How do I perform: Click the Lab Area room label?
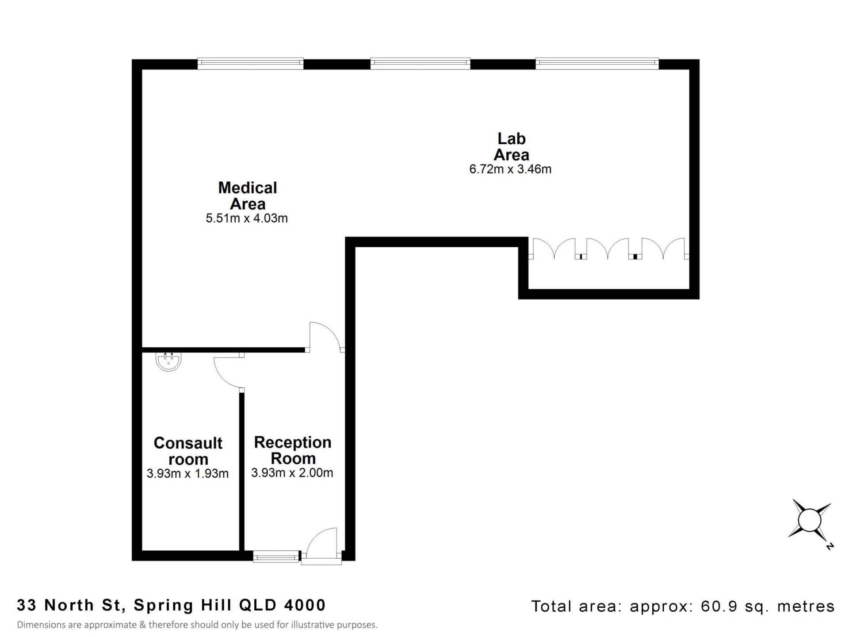click(511, 147)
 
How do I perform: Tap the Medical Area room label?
click(248, 196)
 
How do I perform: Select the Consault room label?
click(188, 451)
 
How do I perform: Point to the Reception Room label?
click(293, 450)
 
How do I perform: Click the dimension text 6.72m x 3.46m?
click(510, 169)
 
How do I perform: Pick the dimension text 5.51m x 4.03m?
click(247, 219)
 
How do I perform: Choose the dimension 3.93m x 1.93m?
click(187, 474)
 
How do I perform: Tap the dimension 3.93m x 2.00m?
click(292, 473)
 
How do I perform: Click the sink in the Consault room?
click(168, 361)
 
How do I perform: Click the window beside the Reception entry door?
click(276, 556)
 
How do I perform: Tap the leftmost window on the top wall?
click(250, 64)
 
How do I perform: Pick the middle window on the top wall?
click(420, 64)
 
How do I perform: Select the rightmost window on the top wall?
click(597, 64)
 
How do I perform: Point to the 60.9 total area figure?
click(719, 606)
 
